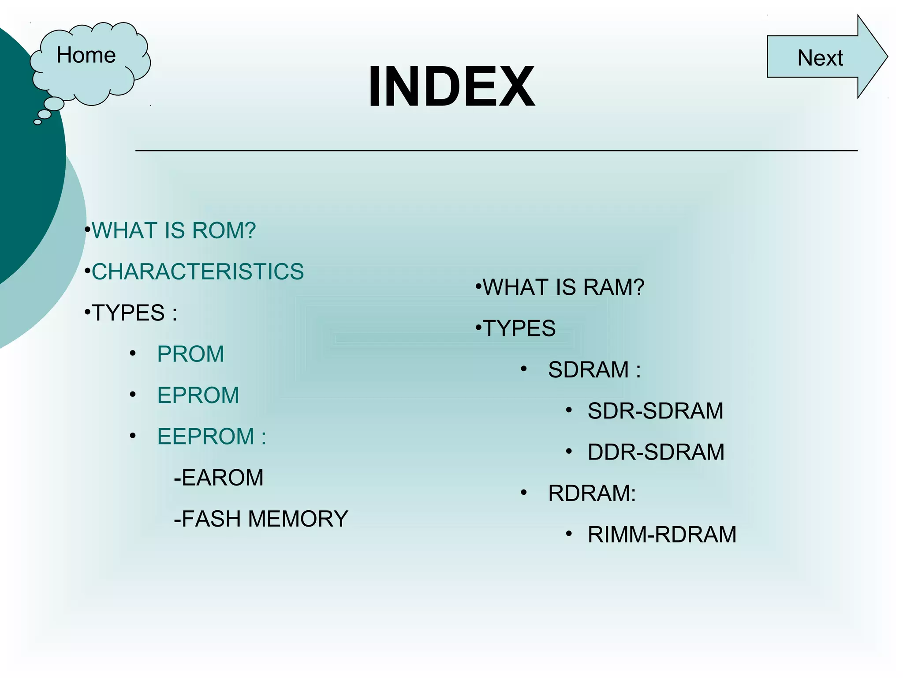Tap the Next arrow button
tap(820, 57)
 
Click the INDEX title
tap(451, 87)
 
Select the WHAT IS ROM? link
tap(174, 230)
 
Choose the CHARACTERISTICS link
tap(198, 271)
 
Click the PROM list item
tap(190, 354)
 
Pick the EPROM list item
tap(198, 395)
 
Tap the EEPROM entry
tap(205, 437)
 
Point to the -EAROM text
tap(219, 478)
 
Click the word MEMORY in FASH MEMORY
tap(298, 519)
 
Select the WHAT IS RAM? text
tap(563, 287)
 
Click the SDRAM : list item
tap(594, 370)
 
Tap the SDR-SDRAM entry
tap(655, 411)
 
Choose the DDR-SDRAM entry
tap(656, 452)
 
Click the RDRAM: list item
tap(592, 493)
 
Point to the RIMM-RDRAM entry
tap(662, 535)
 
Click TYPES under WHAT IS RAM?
tap(519, 328)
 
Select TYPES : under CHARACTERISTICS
tap(134, 313)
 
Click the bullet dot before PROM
tap(133, 354)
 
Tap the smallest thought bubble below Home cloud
tap(37, 122)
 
